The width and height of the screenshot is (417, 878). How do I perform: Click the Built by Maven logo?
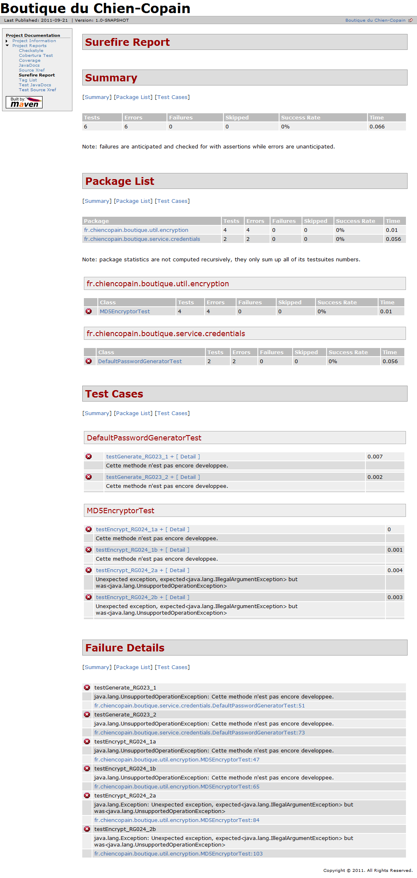(24, 102)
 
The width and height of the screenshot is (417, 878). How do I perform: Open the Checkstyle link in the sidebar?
(31, 51)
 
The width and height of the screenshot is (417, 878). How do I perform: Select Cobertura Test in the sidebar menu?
(36, 56)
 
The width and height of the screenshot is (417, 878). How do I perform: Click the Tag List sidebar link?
(28, 80)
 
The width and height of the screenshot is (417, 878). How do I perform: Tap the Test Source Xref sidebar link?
(37, 90)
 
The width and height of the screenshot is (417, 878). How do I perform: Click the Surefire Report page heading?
(127, 42)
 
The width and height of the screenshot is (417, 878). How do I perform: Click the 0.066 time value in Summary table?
(377, 127)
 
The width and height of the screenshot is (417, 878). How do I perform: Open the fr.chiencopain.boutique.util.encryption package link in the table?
(136, 230)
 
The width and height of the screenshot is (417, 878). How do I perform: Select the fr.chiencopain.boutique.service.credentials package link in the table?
(142, 239)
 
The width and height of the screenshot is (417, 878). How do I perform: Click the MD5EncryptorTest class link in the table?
(125, 312)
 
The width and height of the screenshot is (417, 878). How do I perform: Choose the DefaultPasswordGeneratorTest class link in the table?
(140, 362)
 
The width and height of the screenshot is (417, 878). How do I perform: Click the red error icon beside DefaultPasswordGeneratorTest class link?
(88, 361)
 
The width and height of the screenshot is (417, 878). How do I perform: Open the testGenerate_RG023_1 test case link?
(137, 457)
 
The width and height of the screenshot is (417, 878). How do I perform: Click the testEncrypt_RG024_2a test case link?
(126, 570)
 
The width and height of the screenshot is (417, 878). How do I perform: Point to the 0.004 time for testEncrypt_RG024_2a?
(395, 570)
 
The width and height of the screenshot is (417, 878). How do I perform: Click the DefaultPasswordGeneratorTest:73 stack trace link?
(199, 733)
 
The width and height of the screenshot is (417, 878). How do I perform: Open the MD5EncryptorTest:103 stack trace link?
(178, 854)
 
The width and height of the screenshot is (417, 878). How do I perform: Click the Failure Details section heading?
(125, 648)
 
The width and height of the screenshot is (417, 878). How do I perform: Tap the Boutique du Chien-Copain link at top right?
(375, 20)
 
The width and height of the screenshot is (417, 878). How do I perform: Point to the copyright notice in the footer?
(367, 870)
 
